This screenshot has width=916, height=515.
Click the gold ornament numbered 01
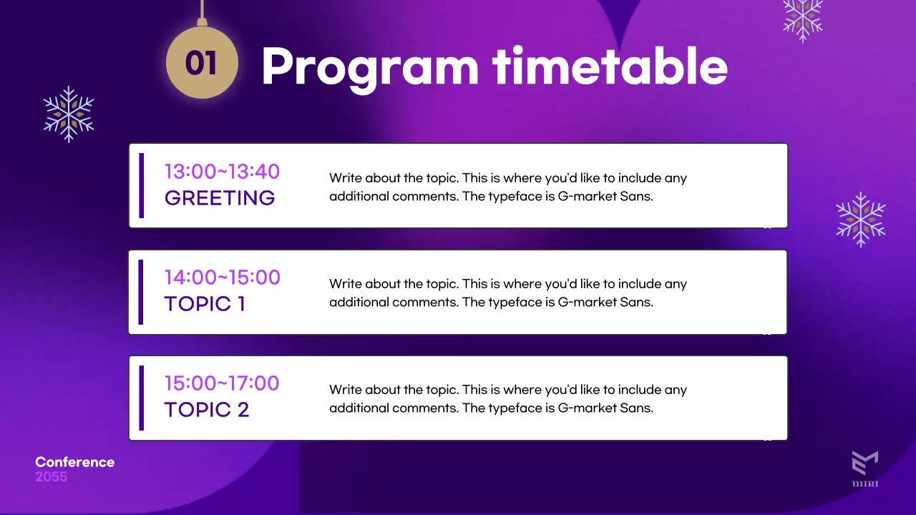click(202, 62)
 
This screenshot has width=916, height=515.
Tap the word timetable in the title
click(610, 65)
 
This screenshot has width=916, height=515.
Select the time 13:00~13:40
click(222, 171)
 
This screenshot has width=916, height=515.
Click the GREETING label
click(220, 198)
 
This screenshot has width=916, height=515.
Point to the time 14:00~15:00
click(223, 277)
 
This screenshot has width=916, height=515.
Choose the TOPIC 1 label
click(205, 304)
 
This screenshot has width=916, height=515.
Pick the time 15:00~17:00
click(222, 383)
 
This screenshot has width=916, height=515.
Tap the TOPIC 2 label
click(207, 410)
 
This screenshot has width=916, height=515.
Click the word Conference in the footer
click(75, 462)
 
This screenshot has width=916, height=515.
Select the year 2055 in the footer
click(51, 476)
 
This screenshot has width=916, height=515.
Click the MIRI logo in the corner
click(865, 469)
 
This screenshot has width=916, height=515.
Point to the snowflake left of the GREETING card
click(69, 114)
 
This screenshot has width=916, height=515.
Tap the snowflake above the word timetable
click(803, 19)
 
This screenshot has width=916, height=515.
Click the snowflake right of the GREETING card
click(861, 220)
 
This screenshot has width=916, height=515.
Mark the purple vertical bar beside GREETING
click(142, 185)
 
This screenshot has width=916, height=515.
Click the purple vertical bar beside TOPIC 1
click(141, 292)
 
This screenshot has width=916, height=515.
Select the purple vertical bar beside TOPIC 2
click(142, 398)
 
